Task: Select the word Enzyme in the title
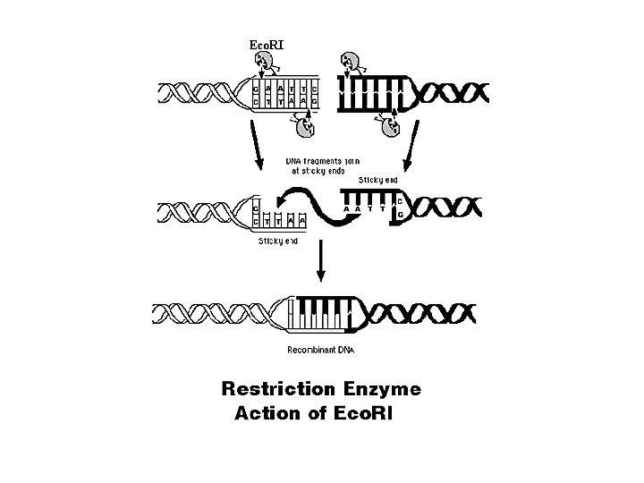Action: tap(382, 390)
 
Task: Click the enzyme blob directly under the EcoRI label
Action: tap(266, 63)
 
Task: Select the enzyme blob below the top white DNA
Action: tap(305, 128)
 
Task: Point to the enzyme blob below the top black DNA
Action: tap(391, 128)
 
